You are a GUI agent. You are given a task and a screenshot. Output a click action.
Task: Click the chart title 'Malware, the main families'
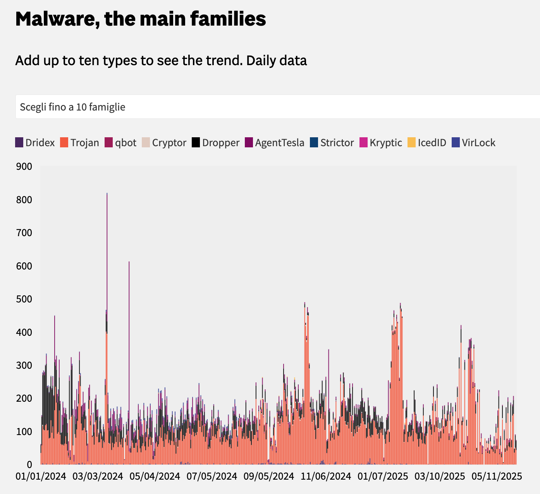point(140,19)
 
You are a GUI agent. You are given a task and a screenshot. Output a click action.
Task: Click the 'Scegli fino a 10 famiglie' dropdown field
point(271,107)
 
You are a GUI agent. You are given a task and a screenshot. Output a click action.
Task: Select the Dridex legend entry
point(35,143)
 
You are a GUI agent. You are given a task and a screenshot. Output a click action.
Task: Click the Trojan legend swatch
point(64,143)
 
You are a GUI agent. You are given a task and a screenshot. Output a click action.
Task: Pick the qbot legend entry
point(120,143)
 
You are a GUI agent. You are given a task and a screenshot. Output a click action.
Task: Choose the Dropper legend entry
point(216,143)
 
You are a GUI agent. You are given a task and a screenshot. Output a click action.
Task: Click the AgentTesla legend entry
point(274,143)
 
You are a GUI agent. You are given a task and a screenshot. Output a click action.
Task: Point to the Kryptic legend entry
point(381,143)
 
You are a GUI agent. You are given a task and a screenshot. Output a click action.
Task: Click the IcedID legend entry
point(427,143)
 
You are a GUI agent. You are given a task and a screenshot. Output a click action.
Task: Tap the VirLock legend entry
point(474,143)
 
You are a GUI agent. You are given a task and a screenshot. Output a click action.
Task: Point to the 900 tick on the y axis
point(24,166)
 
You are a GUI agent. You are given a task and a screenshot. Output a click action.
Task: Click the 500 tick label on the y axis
point(24,299)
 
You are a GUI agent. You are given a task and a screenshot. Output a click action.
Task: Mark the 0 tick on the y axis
point(29,464)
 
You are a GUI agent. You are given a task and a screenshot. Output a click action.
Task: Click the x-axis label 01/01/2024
point(41,476)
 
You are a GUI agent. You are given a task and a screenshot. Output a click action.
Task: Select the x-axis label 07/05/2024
point(212,476)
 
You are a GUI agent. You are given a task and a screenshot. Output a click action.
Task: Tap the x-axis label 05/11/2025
point(497,476)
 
